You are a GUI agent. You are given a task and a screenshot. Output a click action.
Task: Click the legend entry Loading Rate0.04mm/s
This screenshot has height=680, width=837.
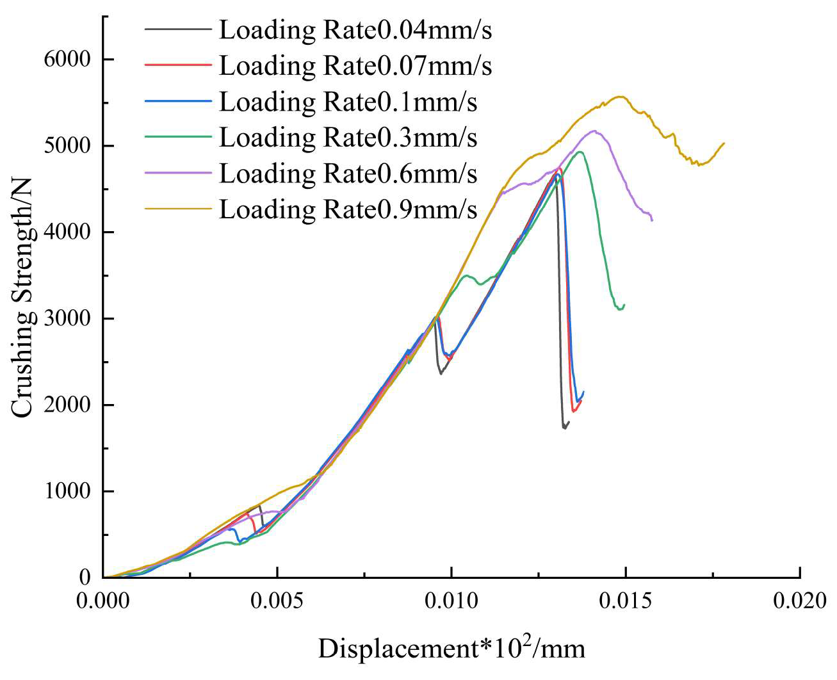(x=355, y=30)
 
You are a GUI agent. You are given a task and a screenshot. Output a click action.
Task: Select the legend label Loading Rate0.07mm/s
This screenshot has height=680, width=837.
(x=355, y=66)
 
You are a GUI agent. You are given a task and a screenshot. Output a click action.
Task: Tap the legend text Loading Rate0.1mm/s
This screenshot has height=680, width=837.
(x=348, y=102)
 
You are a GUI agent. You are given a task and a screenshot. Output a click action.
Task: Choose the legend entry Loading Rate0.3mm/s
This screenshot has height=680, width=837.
(x=348, y=138)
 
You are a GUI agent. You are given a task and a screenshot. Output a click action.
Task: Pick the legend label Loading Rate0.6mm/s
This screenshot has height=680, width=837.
(x=348, y=174)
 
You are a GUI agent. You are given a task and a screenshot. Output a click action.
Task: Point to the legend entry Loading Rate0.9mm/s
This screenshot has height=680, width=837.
(x=348, y=209)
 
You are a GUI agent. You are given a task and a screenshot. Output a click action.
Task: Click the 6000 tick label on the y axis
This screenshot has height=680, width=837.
(x=67, y=59)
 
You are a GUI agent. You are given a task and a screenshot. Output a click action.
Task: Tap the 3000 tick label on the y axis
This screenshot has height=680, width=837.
(x=67, y=318)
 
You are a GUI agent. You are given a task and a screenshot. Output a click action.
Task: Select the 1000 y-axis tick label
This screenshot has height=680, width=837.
(x=67, y=491)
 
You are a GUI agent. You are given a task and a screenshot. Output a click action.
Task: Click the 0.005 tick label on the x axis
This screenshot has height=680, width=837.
(x=277, y=601)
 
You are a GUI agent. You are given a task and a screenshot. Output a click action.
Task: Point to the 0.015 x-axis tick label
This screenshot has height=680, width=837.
(x=626, y=601)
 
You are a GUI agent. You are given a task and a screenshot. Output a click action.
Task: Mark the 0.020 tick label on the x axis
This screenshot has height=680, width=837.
(x=800, y=601)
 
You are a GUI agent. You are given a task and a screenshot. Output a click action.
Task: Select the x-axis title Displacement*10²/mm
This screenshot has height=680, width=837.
(x=451, y=648)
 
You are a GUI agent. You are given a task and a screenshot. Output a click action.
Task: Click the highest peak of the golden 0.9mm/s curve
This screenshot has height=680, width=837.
(x=619, y=97)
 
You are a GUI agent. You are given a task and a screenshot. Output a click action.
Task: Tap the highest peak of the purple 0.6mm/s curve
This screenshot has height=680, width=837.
(x=594, y=131)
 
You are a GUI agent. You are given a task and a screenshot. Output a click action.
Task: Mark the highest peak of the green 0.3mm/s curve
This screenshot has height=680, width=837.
(x=580, y=152)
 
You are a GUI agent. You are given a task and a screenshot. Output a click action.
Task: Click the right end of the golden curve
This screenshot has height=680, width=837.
(x=724, y=143)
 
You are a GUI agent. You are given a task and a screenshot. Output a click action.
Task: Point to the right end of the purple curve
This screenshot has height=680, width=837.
(x=652, y=220)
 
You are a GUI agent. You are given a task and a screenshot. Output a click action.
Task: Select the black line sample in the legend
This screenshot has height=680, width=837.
(x=177, y=29)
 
